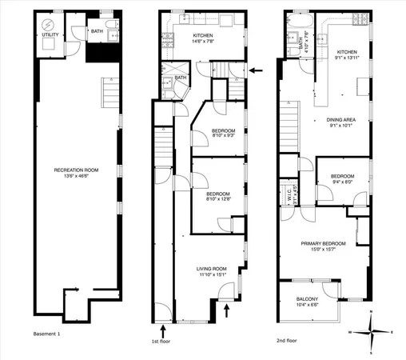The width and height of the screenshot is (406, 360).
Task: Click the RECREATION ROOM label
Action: [x=75, y=170]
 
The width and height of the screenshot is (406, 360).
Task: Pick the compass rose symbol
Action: [x=370, y=331]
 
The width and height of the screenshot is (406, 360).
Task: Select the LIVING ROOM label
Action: [x=213, y=269]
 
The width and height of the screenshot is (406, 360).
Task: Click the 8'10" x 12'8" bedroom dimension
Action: [x=217, y=199]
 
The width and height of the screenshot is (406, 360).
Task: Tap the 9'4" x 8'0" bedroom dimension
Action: [x=342, y=181]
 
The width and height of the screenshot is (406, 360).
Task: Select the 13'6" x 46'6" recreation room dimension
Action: [x=75, y=176]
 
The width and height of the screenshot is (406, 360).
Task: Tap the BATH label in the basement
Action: [x=96, y=31]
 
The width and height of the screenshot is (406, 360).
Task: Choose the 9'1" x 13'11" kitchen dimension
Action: [x=346, y=58]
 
